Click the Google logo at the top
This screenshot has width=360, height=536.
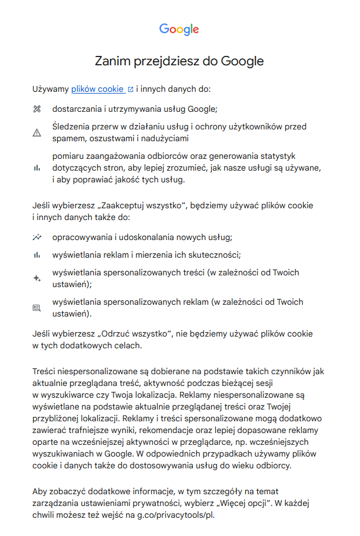[x=179, y=29]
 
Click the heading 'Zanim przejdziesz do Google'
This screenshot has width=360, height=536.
[x=179, y=61]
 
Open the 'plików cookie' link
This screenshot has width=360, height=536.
[x=97, y=89]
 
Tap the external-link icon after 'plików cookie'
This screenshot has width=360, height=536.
[x=130, y=90]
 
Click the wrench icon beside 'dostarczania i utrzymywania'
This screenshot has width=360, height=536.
[x=37, y=109]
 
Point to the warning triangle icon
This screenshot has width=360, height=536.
[x=37, y=133]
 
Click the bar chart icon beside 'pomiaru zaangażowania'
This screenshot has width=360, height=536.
[x=37, y=168]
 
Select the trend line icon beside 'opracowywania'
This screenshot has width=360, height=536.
[x=37, y=238]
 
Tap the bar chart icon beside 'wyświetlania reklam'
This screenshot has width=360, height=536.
[x=37, y=255]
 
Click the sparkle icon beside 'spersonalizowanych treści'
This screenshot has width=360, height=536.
[x=37, y=278]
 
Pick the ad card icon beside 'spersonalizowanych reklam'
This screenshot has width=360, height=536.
[x=37, y=308]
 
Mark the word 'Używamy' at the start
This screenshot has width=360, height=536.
[x=51, y=89]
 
